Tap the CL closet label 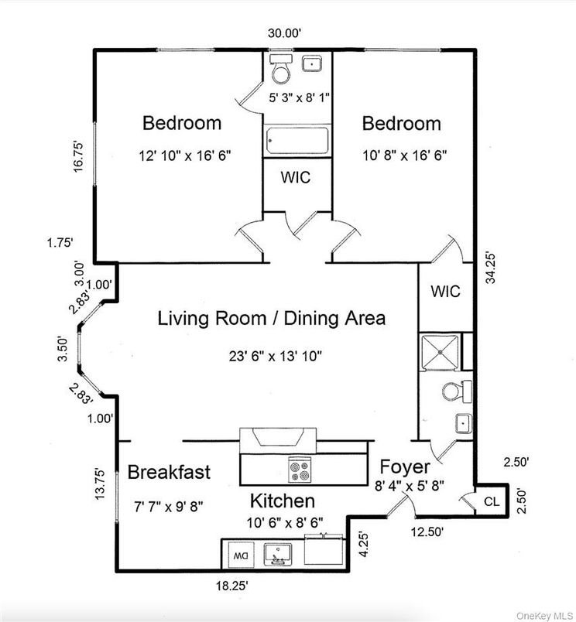click(492, 501)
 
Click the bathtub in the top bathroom click(297, 142)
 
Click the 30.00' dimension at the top click(284, 33)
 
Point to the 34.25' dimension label click(490, 268)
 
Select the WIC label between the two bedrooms click(296, 177)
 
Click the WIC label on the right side click(445, 292)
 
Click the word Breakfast click(169, 472)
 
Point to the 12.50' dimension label click(429, 531)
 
